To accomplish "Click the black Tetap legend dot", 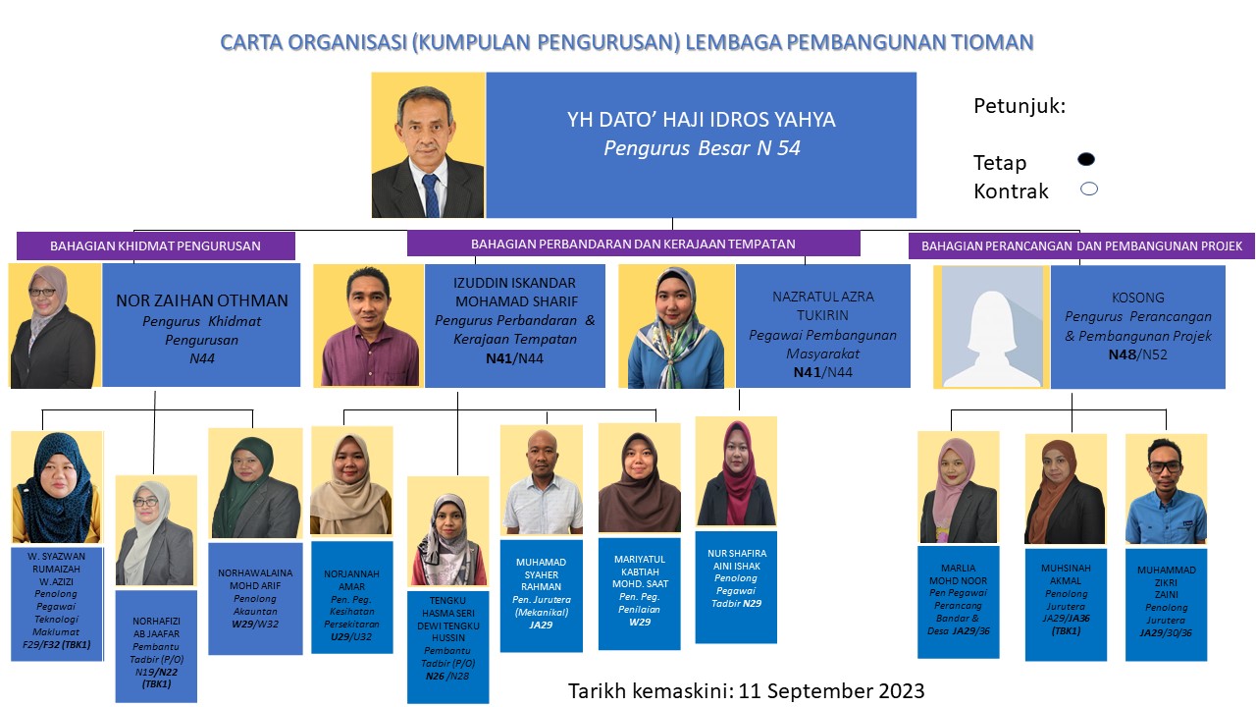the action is [x=1086, y=159].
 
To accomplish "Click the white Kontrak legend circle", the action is [x=1089, y=190].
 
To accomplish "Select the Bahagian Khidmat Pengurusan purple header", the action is [x=155, y=245].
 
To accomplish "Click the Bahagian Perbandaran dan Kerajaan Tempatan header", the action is [x=634, y=245].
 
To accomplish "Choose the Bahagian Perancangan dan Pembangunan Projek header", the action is [x=1081, y=245].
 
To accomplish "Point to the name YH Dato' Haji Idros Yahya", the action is [x=701, y=120].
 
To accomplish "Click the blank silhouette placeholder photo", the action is [x=991, y=327].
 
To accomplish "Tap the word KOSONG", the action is [x=1137, y=298].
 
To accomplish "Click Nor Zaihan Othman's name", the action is [x=202, y=300].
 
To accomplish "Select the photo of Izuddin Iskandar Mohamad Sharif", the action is [x=368, y=326].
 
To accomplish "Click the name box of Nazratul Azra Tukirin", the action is [x=822, y=326].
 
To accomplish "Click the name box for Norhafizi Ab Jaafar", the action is [x=156, y=646].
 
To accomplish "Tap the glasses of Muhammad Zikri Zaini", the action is [x=1165, y=466].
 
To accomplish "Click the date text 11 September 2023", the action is [x=831, y=690].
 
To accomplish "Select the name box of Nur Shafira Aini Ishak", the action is [x=736, y=587].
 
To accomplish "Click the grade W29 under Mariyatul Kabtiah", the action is [x=640, y=623].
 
